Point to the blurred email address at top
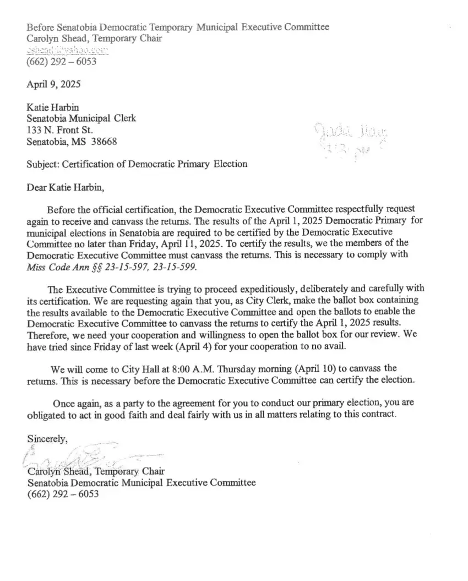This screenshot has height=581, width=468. (x=67, y=50)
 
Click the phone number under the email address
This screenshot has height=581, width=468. (x=62, y=61)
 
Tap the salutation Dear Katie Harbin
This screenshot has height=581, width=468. (x=65, y=187)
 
